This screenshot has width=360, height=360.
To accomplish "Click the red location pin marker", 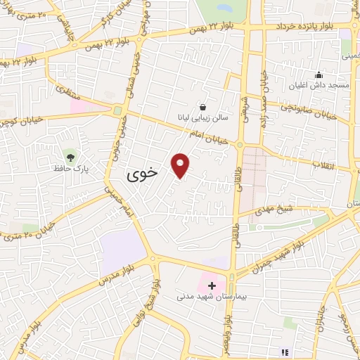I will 181,165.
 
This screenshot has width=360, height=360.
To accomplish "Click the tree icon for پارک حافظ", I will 69,155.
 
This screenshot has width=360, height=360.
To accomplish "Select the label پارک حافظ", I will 68,169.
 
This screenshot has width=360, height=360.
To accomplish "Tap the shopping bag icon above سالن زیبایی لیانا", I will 203,108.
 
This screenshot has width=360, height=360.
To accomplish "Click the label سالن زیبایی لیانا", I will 202,120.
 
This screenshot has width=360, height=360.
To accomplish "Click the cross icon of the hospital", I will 212,285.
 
